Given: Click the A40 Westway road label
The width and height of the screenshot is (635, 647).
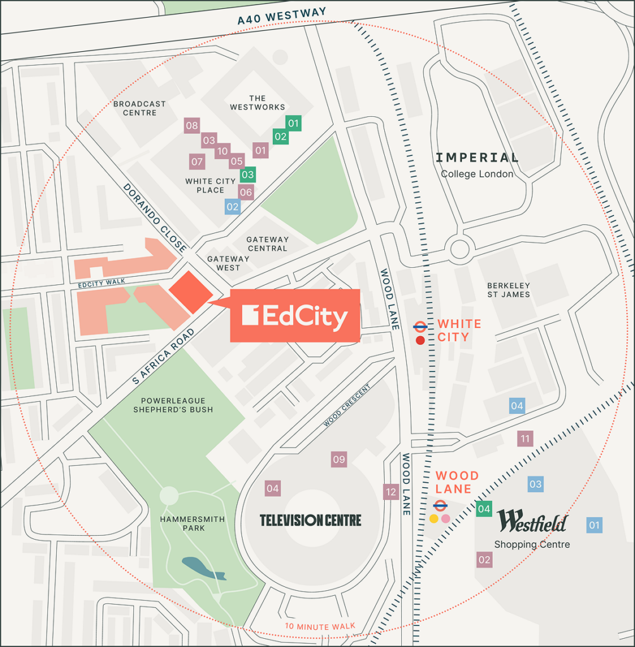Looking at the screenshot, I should [282, 16].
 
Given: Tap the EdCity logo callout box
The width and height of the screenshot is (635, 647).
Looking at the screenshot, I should [294, 316].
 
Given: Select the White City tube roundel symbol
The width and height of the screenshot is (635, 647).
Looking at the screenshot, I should [420, 326].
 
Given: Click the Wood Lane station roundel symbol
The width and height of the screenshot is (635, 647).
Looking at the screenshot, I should [440, 505].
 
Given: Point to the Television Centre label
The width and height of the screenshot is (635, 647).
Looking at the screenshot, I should [311, 520].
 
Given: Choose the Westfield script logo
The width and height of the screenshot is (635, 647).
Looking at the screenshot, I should [532, 522].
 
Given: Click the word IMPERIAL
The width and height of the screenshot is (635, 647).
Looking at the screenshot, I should [477, 158].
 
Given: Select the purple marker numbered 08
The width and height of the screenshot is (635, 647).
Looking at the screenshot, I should [191, 126].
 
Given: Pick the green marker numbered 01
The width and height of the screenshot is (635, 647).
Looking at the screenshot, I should [294, 123].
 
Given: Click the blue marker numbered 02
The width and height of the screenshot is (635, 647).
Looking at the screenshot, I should [233, 206].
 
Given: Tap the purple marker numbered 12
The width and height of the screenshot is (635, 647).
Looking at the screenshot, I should [391, 492].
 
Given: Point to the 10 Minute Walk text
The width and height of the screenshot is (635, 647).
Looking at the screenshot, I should [320, 627].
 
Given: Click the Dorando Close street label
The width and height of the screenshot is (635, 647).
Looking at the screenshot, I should [155, 217].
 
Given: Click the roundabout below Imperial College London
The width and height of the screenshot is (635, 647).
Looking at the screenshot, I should [459, 248].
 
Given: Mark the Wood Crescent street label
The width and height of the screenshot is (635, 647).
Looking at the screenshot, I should [346, 405].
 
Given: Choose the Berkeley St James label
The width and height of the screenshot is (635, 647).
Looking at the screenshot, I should [508, 290].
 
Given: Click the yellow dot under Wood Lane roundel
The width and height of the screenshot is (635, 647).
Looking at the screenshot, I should [433, 519].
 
